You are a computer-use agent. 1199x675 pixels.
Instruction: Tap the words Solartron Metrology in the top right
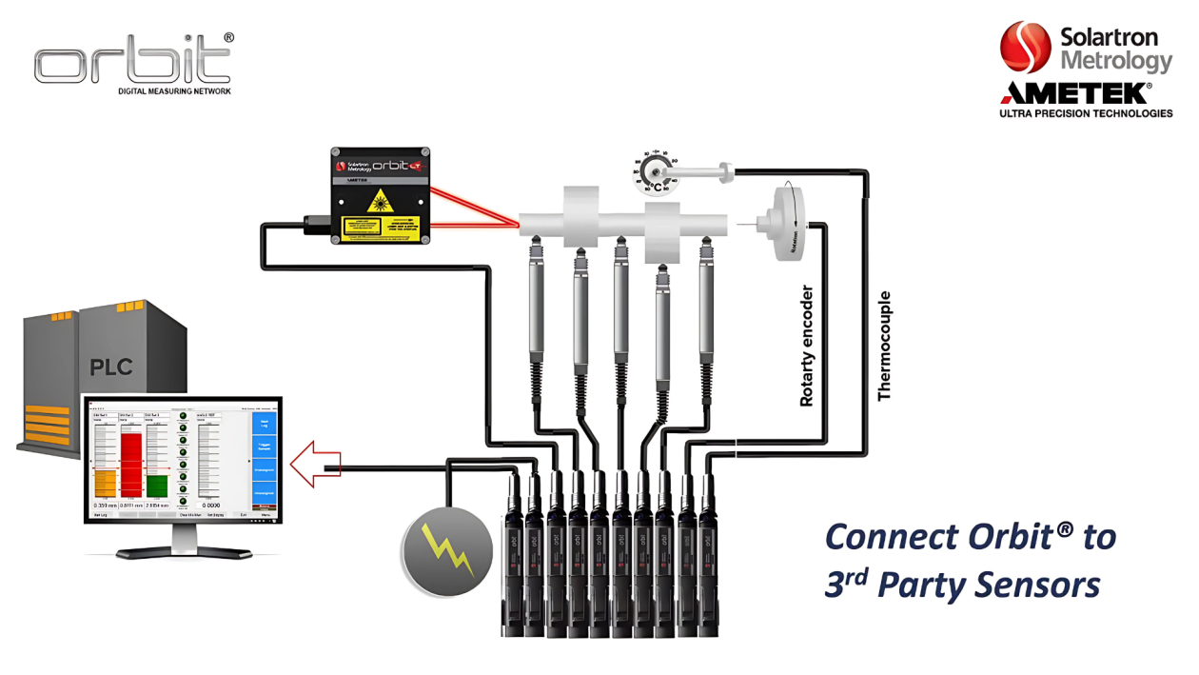pos(1115,50)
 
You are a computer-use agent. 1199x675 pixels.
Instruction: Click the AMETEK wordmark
pos(1074,93)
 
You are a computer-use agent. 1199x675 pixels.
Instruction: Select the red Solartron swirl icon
pos(1026,49)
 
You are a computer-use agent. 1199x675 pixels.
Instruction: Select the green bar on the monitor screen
pos(157,486)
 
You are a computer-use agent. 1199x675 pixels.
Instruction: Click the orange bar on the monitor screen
pos(105,483)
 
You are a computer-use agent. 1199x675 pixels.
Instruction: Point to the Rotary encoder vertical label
pos(807,346)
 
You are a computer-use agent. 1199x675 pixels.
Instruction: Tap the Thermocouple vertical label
pos(884,346)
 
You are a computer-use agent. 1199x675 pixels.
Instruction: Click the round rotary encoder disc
pos(786,223)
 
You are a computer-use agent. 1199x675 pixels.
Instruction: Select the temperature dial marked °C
pos(657,170)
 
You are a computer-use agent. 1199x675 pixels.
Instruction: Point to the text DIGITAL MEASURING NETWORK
pos(174,92)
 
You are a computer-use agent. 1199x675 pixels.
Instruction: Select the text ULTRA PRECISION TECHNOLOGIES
pos(1086,113)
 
